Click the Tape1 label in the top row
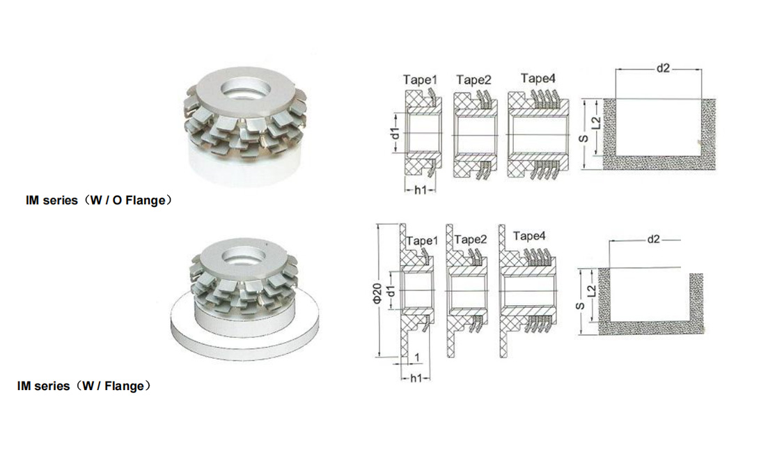click(420, 79)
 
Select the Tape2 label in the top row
click(474, 79)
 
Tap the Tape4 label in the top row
click(538, 78)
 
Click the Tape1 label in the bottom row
click(422, 241)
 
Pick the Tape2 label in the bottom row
click(471, 239)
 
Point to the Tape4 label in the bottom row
click(529, 236)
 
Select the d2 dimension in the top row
click(663, 68)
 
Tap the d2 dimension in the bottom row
click(653, 239)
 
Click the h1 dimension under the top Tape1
click(421, 190)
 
